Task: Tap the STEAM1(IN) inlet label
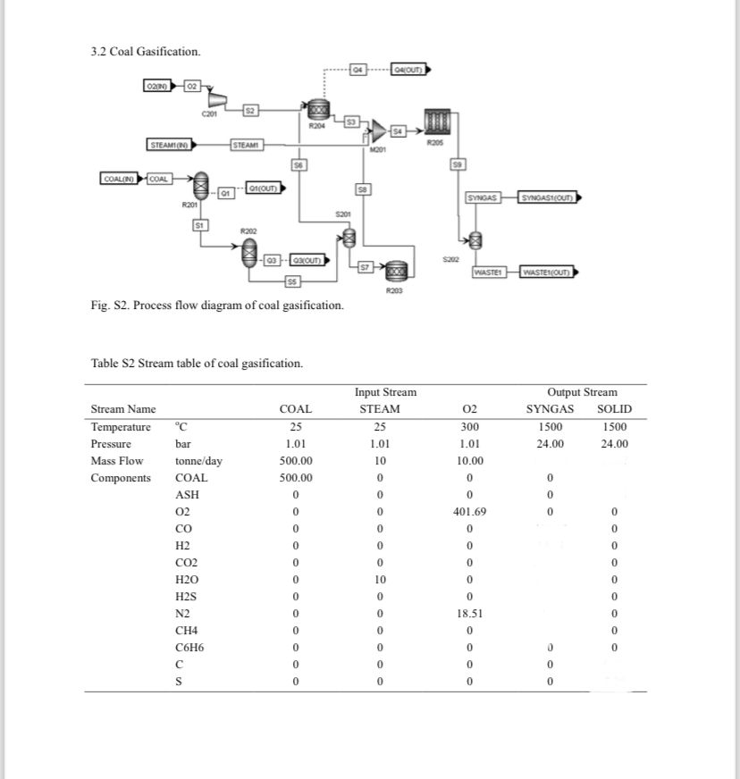[167, 145]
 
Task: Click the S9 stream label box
[458, 163]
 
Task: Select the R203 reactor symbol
[394, 270]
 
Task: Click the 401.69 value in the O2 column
[470, 512]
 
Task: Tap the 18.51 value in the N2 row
[470, 614]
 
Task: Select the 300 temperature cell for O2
[470, 427]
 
